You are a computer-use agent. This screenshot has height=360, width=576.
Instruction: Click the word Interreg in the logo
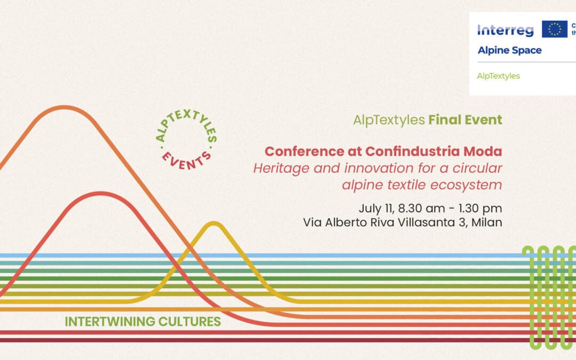point(505,30)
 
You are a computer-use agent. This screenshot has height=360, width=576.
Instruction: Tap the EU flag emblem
point(554,29)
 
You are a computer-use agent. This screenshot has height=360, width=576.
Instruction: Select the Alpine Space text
point(509,51)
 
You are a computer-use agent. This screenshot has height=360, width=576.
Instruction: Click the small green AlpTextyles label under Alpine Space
point(498,76)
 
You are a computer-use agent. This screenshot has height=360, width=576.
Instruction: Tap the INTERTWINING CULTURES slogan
point(142,322)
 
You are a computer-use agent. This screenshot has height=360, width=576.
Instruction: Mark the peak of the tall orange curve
point(64,108)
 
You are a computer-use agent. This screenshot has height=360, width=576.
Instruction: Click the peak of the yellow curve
point(214,224)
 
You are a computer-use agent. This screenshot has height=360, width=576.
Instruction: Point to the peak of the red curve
point(101,194)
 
